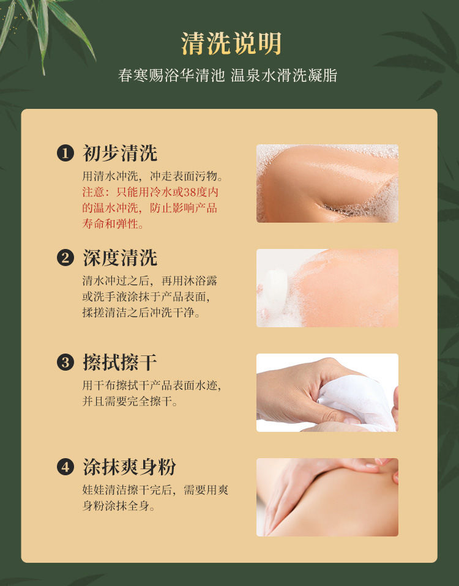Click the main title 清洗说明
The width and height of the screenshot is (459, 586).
pyautogui.click(x=231, y=43)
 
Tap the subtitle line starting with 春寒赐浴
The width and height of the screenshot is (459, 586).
pyautogui.click(x=228, y=75)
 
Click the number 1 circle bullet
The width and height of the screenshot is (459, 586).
pyautogui.click(x=65, y=153)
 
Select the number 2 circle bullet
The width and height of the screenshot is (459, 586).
pyautogui.click(x=65, y=258)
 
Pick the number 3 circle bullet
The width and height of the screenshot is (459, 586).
pyautogui.click(x=65, y=363)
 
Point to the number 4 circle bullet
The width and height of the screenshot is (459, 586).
pyautogui.click(x=65, y=467)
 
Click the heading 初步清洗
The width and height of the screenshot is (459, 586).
pyautogui.click(x=120, y=153)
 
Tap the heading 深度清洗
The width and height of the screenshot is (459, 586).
pyautogui.click(x=120, y=258)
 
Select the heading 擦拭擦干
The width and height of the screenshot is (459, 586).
pyautogui.click(x=120, y=363)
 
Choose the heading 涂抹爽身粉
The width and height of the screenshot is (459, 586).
pyautogui.click(x=129, y=467)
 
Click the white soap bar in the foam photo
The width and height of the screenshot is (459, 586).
pyautogui.click(x=276, y=287)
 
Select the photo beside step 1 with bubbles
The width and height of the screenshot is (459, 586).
pyautogui.click(x=327, y=184)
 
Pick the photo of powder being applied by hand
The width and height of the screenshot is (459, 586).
pyautogui.click(x=327, y=497)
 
